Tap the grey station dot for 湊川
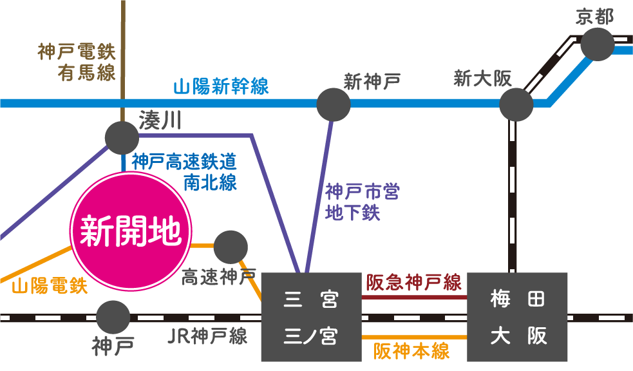[x=122, y=137]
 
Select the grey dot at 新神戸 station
[x=334, y=104]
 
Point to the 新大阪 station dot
[x=516, y=104]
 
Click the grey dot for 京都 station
[x=597, y=44]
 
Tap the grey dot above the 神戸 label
[x=113, y=317]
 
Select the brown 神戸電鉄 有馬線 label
[x=77, y=62]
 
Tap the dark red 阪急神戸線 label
[x=414, y=283]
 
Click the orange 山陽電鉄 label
[x=50, y=285]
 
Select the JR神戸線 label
[x=207, y=336]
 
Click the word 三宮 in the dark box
[x=311, y=300]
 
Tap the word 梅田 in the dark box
[x=517, y=300]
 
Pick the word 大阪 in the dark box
[x=517, y=336]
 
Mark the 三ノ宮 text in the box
[x=311, y=336]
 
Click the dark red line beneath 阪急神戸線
[x=414, y=297]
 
